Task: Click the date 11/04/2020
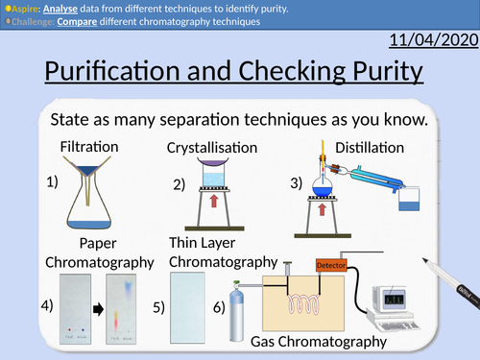pos(432,39)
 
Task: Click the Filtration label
pos(89,147)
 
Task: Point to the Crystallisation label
pos(212,148)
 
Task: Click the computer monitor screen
pos(397,297)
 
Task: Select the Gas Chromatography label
pos(318,341)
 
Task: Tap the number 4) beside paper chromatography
pos(47,306)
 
